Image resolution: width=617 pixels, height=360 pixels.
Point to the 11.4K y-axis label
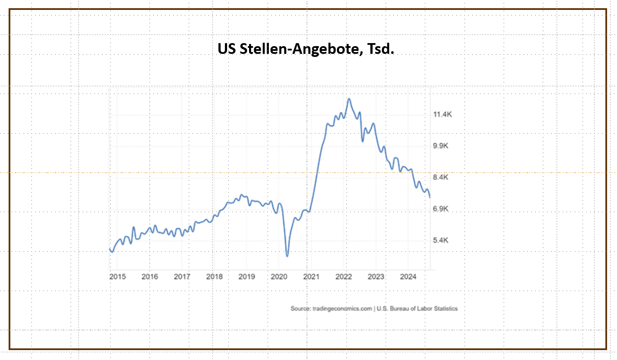(x=442, y=115)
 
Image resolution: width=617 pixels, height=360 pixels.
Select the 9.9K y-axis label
(x=441, y=146)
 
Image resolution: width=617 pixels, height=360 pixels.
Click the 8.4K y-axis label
(x=441, y=178)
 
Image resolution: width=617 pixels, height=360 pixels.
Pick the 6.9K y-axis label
(x=441, y=209)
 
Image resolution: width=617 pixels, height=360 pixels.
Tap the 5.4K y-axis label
(x=441, y=240)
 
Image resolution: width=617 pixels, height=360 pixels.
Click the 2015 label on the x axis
(x=117, y=276)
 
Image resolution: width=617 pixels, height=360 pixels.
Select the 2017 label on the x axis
(x=182, y=276)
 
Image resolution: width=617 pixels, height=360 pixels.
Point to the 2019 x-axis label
(x=246, y=276)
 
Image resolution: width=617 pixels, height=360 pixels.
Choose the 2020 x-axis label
(x=279, y=276)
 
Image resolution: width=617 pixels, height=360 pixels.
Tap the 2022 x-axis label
(x=344, y=276)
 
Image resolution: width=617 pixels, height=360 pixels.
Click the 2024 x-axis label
(x=408, y=276)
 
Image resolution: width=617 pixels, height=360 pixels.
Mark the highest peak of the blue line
(x=349, y=99)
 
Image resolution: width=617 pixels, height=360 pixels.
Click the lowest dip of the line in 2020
(x=287, y=256)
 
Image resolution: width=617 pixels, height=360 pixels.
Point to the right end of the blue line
(x=430, y=197)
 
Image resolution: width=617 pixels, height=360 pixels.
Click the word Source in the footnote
(x=300, y=309)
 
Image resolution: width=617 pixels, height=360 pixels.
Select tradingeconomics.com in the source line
(x=342, y=309)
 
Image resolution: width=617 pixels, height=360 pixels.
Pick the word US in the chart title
(x=225, y=50)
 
